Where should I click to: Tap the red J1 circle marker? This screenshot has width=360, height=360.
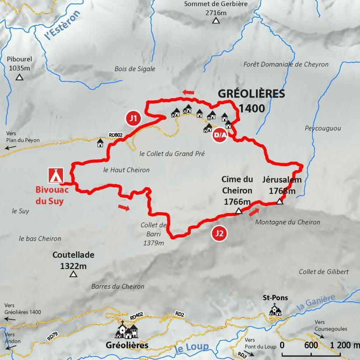[x=133, y=118]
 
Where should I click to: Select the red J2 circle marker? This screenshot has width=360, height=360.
[x=219, y=234]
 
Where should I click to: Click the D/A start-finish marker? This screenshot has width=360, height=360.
[x=220, y=135]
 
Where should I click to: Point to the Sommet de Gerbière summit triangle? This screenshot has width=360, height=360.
[x=216, y=20]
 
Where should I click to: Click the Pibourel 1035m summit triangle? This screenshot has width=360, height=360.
[x=19, y=77]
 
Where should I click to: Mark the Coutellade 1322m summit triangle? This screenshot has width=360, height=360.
[x=73, y=274]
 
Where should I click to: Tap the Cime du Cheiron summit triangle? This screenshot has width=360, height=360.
[x=239, y=211]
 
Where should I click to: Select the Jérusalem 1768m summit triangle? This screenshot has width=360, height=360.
[x=280, y=201]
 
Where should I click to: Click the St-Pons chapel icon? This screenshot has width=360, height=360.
[x=275, y=310]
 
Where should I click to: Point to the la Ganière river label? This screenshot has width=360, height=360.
[x=315, y=303]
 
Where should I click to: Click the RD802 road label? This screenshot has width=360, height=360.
[x=115, y=135]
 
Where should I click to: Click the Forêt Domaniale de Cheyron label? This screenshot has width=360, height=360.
[x=286, y=64]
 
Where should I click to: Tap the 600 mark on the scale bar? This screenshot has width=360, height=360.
[x=311, y=345]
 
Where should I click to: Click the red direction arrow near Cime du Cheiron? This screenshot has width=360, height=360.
[x=254, y=213]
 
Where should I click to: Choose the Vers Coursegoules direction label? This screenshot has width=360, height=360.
[x=331, y=326]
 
